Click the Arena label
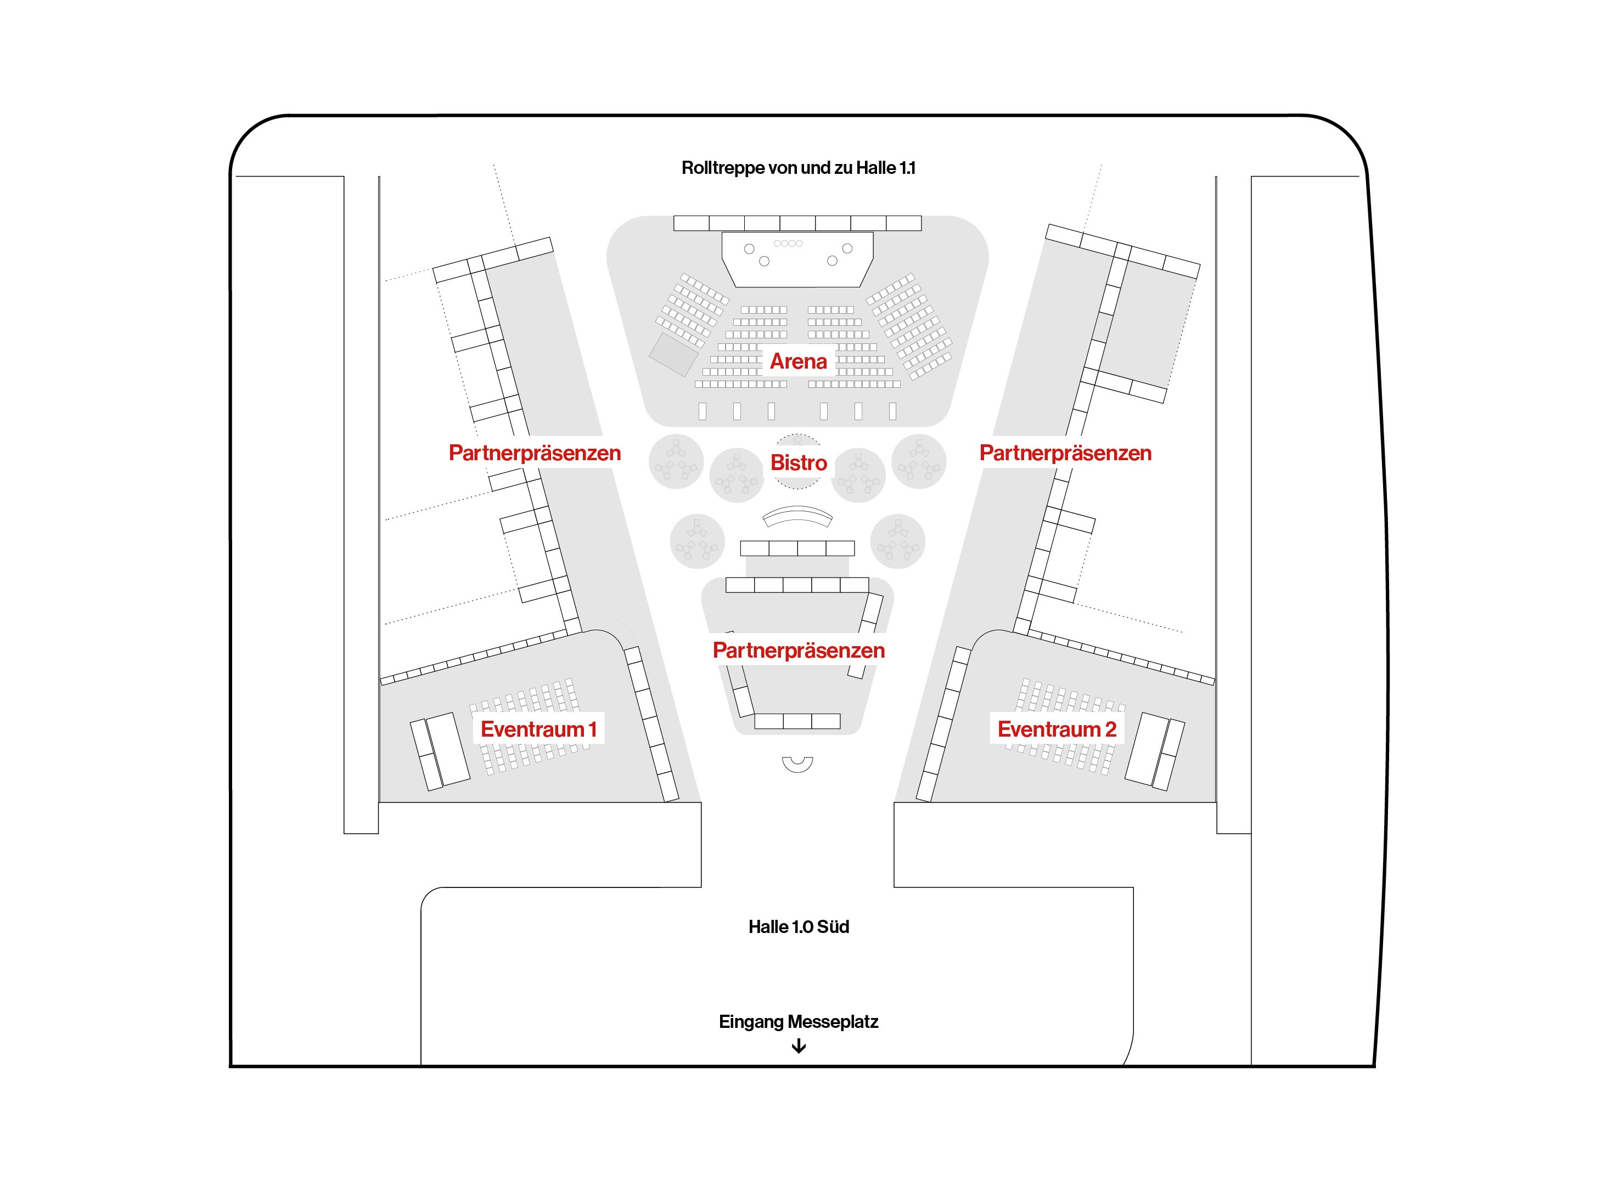pos(798,361)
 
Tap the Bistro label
pos(798,463)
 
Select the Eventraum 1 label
pos(538,729)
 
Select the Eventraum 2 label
pos(1057,729)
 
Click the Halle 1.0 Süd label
pos(798,926)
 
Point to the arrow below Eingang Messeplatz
pos(798,1046)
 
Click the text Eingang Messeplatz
pos(798,1022)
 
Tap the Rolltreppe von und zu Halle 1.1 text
pos(798,167)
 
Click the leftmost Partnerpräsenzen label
pos(535,453)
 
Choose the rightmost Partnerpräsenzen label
pos(1065,453)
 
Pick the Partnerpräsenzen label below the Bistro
pos(798,651)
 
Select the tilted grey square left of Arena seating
pos(673,354)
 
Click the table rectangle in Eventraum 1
pos(440,751)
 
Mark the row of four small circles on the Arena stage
pos(788,244)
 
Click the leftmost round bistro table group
pos(676,461)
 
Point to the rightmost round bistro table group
pos(919,461)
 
